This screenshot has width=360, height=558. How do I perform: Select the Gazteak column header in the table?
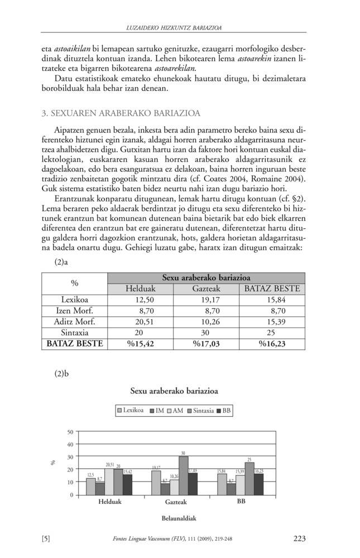point(206,289)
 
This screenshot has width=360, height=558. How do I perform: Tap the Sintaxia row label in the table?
point(74,333)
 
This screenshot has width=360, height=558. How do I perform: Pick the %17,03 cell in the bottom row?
point(206,344)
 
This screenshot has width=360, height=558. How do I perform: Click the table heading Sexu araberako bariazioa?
point(206,278)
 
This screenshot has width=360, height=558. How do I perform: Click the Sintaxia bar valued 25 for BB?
point(249,479)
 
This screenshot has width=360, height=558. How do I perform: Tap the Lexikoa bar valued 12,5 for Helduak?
point(90,487)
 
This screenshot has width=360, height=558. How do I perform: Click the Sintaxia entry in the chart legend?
point(203,411)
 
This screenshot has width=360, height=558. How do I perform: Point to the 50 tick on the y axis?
point(70,432)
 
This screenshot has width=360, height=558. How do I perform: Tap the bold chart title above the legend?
point(174,391)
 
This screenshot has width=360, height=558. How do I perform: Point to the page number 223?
point(299,538)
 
